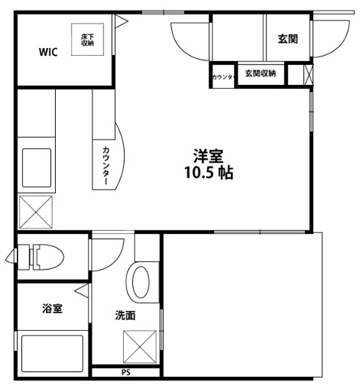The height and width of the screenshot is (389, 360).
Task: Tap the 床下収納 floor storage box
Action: [88, 40]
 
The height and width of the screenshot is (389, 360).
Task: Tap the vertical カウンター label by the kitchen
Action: [107, 165]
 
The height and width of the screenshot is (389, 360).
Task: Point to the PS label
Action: [126, 373]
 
